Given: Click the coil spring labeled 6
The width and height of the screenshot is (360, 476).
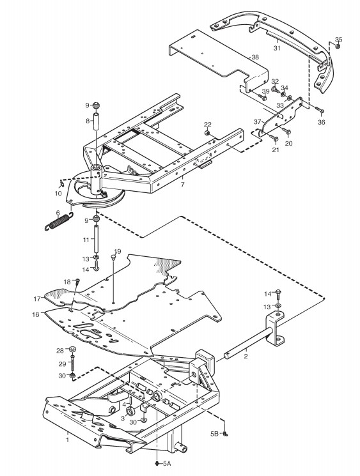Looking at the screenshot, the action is (59, 222).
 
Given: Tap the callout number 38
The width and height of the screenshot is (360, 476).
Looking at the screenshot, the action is (255, 57).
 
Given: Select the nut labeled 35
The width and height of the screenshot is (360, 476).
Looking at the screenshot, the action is (337, 46).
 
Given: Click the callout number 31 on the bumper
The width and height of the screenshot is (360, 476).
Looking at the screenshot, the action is (277, 48).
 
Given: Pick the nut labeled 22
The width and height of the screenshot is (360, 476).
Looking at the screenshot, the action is (207, 133).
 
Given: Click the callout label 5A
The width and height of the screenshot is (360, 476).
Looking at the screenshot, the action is (167, 464).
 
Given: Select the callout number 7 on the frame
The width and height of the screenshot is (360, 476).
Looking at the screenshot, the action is (182, 184).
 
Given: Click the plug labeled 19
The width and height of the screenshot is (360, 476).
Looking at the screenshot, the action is (114, 257).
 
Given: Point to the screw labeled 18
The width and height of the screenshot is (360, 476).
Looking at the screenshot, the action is (77, 281).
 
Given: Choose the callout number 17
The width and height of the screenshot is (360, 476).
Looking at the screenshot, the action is (37, 299).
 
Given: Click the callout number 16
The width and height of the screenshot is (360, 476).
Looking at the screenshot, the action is (36, 314).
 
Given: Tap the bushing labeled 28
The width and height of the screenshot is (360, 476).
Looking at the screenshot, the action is (73, 349).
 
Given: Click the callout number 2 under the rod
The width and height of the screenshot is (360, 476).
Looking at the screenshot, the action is (246, 356).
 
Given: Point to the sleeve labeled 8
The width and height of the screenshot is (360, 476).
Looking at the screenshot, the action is (97, 121).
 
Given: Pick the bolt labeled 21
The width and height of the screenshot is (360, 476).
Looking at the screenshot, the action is (274, 139).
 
